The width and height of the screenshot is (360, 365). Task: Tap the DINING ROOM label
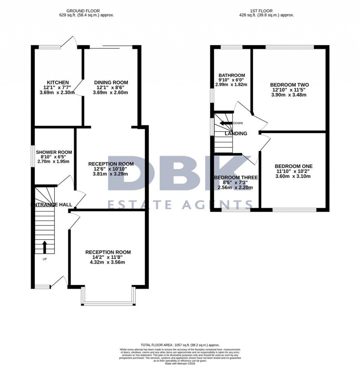pos(111,83)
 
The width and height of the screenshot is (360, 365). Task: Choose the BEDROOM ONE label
pos(294,166)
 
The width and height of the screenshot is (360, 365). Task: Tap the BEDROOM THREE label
pos(236,178)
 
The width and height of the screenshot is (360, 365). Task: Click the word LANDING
pos(236,133)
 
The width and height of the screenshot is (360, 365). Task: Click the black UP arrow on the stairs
pos(45,247)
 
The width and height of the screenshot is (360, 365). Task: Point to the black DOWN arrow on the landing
pos(226,123)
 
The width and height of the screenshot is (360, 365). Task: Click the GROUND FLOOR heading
pos(86,11)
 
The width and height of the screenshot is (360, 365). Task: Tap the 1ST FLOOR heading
pos(266,11)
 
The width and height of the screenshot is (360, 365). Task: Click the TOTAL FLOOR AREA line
pos(180,345)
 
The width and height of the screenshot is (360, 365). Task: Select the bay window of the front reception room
pos(108,303)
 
